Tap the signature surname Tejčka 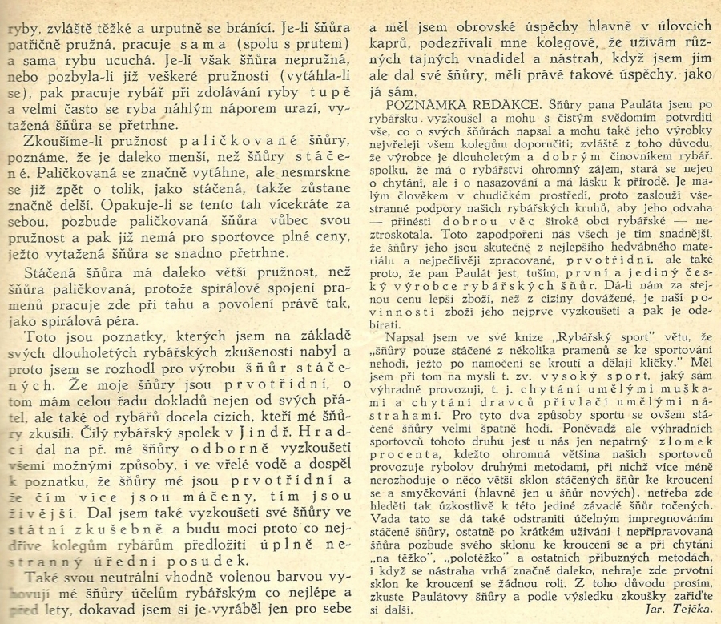point(690,609)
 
